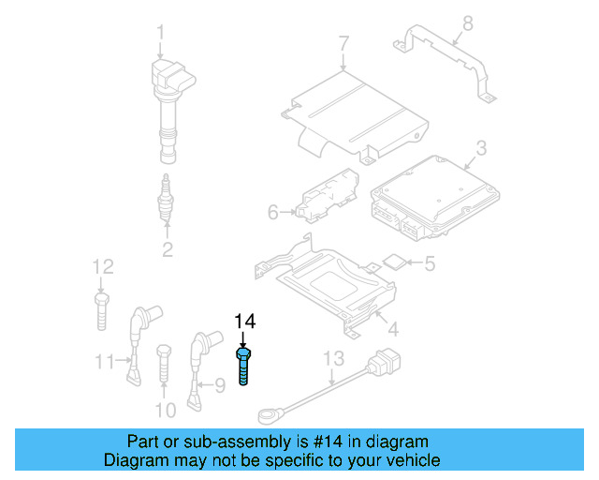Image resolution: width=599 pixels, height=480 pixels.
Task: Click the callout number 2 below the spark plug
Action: (x=168, y=249)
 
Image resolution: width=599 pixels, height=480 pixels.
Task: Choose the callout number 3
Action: (x=480, y=147)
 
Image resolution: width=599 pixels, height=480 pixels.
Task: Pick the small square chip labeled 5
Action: (x=395, y=262)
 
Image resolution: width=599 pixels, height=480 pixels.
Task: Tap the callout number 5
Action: (x=430, y=264)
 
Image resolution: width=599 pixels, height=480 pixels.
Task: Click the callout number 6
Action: (x=273, y=213)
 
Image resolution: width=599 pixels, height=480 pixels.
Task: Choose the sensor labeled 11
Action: (x=139, y=341)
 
